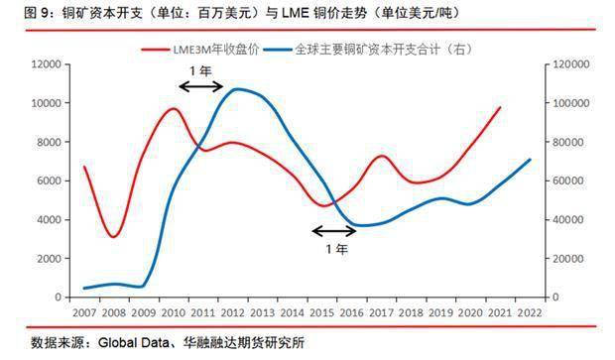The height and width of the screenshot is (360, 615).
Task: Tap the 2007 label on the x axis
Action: click(x=83, y=312)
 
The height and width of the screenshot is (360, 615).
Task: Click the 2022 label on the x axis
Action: click(x=530, y=312)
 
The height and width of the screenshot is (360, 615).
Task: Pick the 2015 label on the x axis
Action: click(x=321, y=312)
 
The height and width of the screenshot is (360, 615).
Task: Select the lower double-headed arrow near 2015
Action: click(x=332, y=231)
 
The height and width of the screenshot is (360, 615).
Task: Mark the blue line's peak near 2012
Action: click(x=235, y=89)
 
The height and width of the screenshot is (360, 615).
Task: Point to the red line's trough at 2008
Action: click(x=114, y=236)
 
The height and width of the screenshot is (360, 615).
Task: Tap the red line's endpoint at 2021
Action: click(x=500, y=107)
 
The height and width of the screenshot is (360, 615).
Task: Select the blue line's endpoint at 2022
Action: click(x=530, y=160)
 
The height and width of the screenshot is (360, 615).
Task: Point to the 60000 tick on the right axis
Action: click(x=566, y=181)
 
